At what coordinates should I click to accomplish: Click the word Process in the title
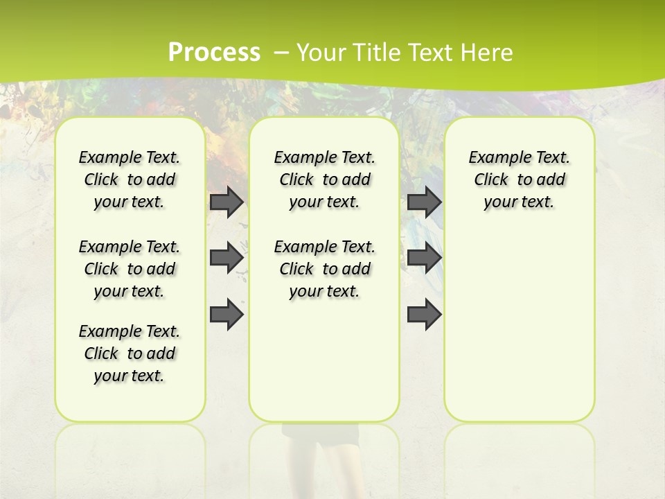tap(214, 52)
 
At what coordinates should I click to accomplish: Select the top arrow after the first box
tap(227, 202)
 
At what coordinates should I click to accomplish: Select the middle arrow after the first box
tap(227, 258)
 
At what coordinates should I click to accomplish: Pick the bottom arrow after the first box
tap(227, 315)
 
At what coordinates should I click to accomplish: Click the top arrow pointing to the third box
tap(424, 202)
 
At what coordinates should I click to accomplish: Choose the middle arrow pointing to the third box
tap(424, 258)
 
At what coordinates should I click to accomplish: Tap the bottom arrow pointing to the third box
tap(424, 315)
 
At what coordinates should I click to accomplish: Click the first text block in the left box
tap(130, 180)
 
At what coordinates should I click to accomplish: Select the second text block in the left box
tap(130, 269)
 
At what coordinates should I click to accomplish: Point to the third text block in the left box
tap(130, 353)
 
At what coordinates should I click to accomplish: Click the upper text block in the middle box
tap(324, 180)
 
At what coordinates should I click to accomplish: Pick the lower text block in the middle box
tap(324, 269)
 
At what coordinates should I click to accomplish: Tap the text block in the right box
tap(519, 180)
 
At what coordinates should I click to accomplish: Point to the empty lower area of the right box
tap(519, 326)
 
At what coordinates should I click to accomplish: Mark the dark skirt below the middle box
tap(320, 432)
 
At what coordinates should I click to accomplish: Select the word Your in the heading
tap(321, 52)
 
